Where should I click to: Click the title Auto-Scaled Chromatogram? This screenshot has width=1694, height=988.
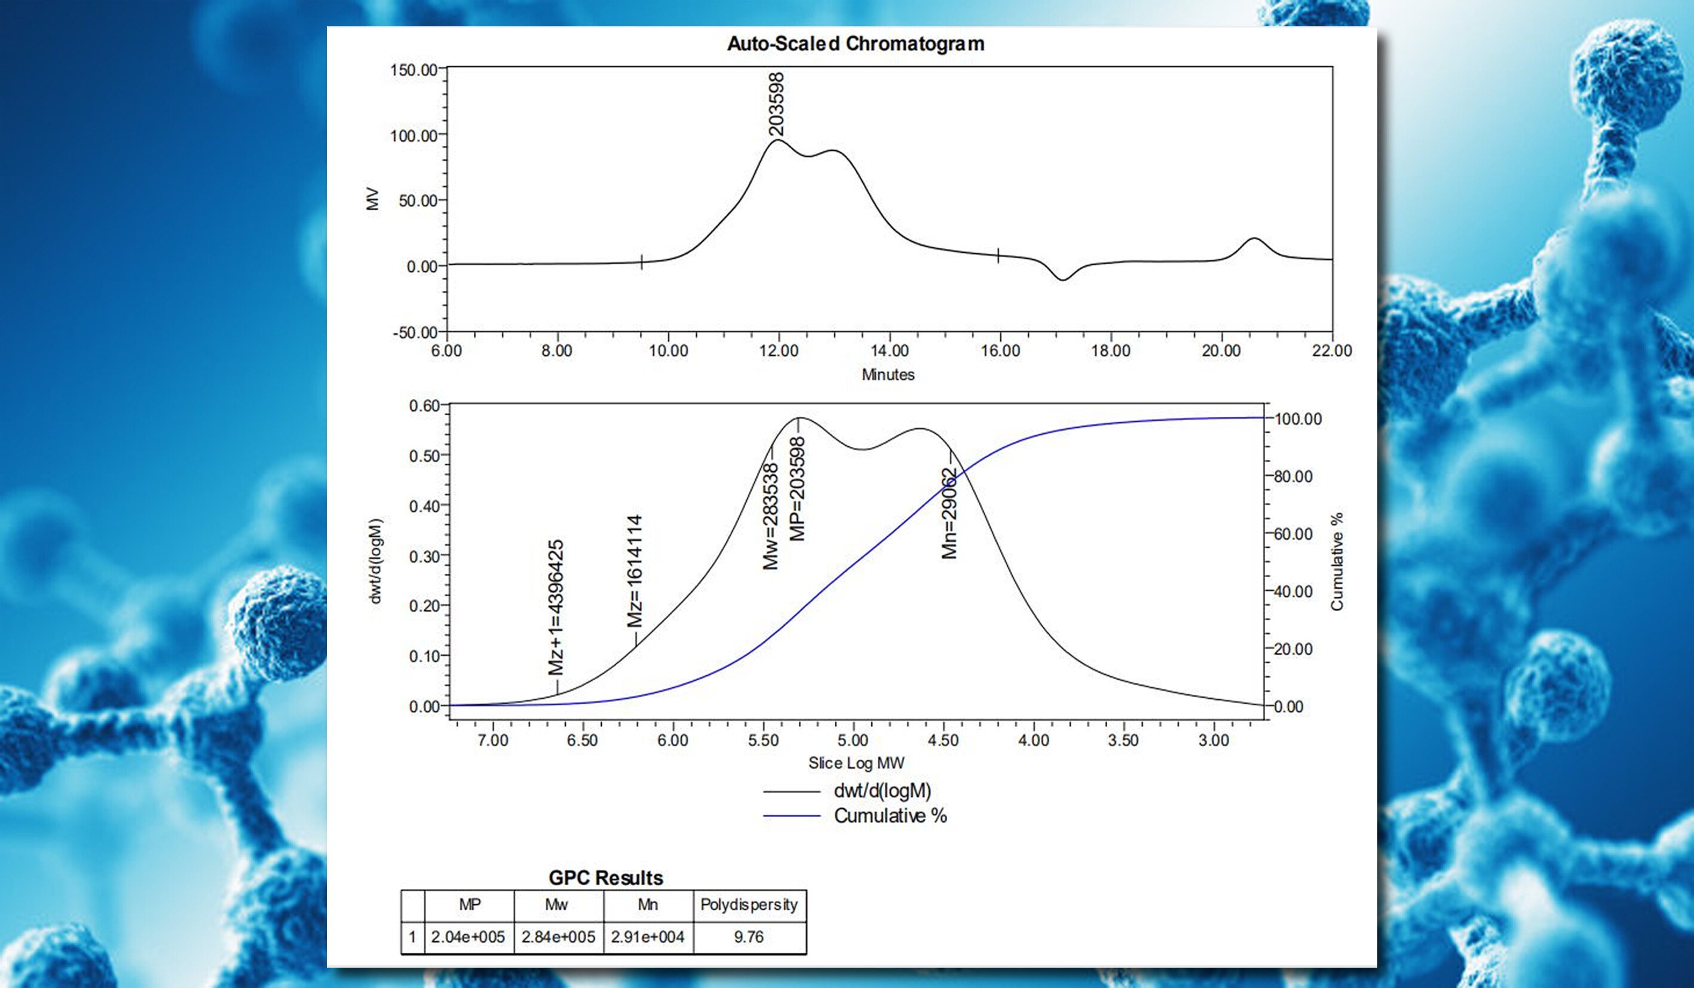point(855,44)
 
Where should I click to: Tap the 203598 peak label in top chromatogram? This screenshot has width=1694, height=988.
point(776,104)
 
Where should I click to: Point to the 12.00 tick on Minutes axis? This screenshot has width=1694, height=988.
point(779,351)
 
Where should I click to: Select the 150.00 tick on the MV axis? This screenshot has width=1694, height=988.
point(413,70)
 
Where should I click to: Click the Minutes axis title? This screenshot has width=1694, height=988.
point(888,375)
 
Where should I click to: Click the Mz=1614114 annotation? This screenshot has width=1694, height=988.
point(635,570)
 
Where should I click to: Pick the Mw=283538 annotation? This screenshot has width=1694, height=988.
point(770,516)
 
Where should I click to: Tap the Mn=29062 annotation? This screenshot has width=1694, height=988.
point(948,514)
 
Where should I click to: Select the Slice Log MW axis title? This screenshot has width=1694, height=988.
point(856,763)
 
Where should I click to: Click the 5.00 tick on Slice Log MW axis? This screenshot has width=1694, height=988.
point(853,741)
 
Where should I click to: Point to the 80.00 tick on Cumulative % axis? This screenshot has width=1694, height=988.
point(1292,477)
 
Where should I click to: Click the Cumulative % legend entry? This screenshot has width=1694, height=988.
point(890,816)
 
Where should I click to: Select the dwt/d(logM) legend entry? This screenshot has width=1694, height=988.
point(882,791)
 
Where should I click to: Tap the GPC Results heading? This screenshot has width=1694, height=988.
point(606,877)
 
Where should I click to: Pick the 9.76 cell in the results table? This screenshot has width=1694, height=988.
point(749,937)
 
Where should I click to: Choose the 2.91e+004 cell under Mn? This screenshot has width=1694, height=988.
point(647,937)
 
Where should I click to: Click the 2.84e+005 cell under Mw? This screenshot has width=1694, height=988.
point(558,937)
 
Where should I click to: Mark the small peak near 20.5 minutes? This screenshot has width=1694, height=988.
point(1254,240)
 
